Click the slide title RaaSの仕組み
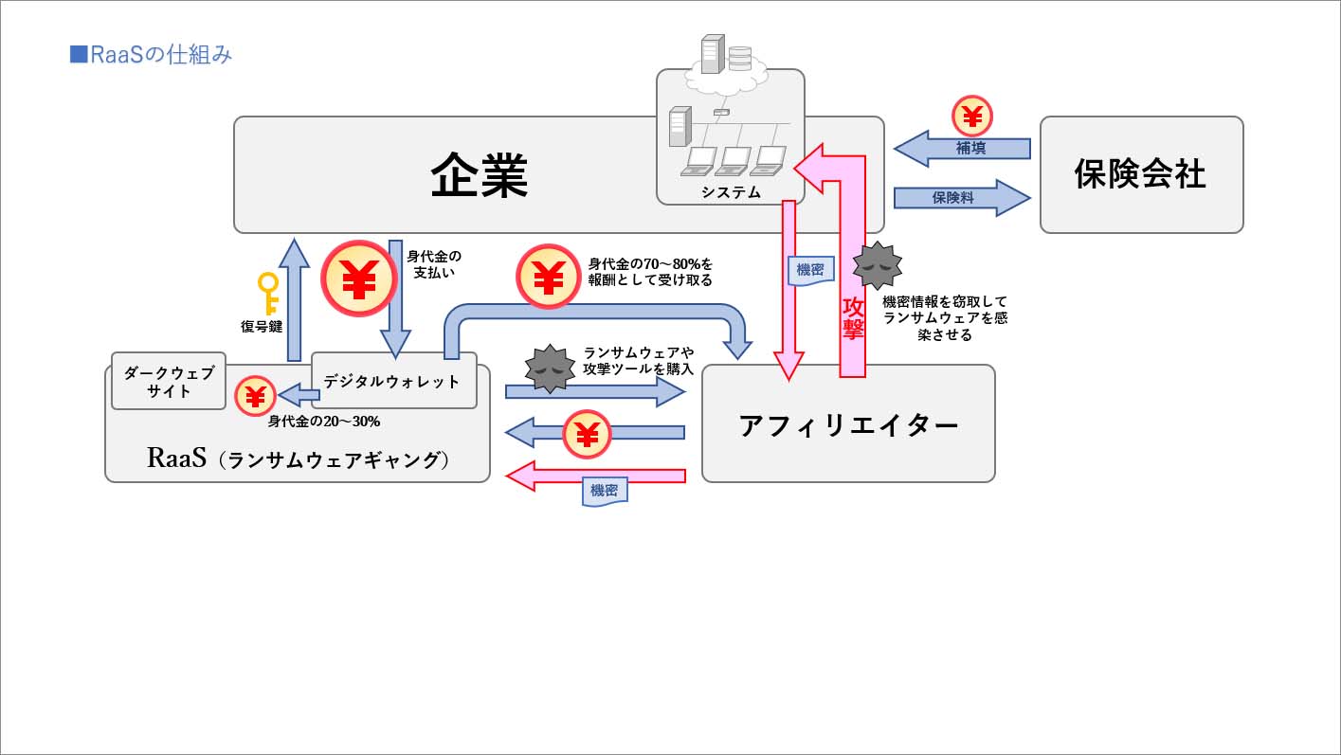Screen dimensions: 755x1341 click(x=152, y=55)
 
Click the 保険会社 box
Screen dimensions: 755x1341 click(x=1140, y=174)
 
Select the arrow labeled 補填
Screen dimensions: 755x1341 click(x=963, y=149)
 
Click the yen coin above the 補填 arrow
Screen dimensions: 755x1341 click(x=971, y=116)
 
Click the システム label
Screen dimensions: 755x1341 click(x=731, y=192)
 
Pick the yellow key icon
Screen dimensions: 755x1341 click(x=269, y=293)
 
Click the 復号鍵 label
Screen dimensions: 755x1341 click(x=262, y=327)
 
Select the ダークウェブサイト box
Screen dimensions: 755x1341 click(x=169, y=381)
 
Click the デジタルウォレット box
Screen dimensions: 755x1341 click(x=391, y=382)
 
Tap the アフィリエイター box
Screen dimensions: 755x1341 click(x=848, y=424)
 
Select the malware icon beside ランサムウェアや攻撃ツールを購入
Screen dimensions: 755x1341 click(x=549, y=369)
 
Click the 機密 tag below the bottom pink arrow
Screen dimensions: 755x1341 click(x=604, y=491)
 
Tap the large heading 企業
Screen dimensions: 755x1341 click(x=479, y=174)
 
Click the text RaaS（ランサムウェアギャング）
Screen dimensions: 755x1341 click(x=298, y=458)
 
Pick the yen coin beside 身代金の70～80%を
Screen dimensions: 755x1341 click(x=548, y=277)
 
